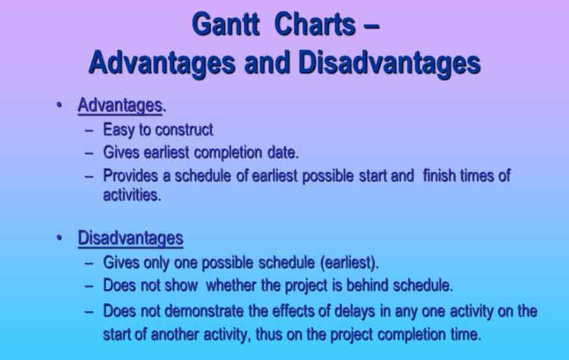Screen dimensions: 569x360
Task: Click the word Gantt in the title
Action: coord(226,24)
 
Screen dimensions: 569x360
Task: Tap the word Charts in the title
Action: coord(315,24)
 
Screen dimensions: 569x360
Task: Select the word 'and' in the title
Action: coord(267,62)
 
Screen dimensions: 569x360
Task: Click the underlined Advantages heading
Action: coord(120,105)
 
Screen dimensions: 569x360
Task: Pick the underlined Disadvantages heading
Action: coord(130,238)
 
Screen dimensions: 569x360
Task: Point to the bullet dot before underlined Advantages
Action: coord(59,105)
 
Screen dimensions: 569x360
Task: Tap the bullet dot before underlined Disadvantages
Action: coord(59,238)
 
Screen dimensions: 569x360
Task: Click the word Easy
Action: coord(118,130)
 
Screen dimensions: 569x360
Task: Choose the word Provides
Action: coord(131,176)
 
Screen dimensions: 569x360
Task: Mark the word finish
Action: coord(439,176)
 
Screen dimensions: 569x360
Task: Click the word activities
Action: coord(132,195)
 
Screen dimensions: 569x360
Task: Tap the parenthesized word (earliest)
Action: coord(350,263)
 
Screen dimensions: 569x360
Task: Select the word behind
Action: coord(367,285)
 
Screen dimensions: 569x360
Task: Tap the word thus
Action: coord(269,335)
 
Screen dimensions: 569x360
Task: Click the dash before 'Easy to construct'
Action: coord(89,131)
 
